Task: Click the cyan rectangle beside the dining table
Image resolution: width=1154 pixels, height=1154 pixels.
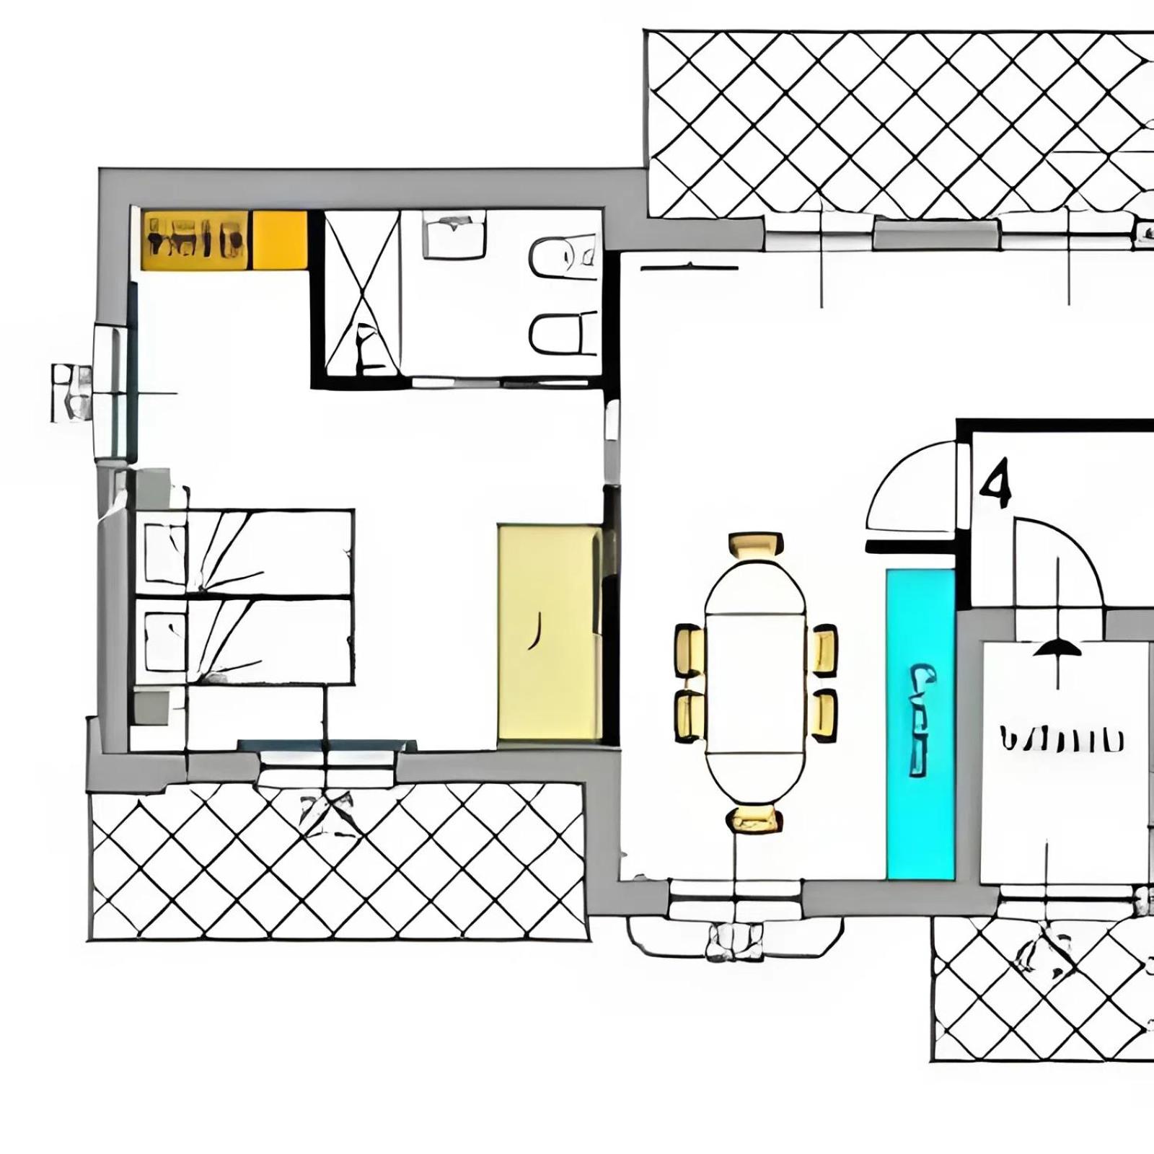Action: [920, 725]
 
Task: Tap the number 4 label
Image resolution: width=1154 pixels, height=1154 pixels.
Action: [996, 485]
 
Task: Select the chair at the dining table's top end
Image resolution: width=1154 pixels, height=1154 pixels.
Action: [755, 545]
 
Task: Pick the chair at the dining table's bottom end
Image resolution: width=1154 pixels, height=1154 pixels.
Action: [754, 819]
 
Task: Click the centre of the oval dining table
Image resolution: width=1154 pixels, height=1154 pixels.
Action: [755, 682]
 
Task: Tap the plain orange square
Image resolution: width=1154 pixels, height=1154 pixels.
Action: [279, 239]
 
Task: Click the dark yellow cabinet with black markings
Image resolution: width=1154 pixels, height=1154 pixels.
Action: [195, 239]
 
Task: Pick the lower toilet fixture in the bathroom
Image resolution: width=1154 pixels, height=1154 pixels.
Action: [563, 334]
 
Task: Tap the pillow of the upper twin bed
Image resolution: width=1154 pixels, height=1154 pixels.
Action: [165, 553]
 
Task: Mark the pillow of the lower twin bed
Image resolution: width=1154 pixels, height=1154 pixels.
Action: [165, 640]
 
